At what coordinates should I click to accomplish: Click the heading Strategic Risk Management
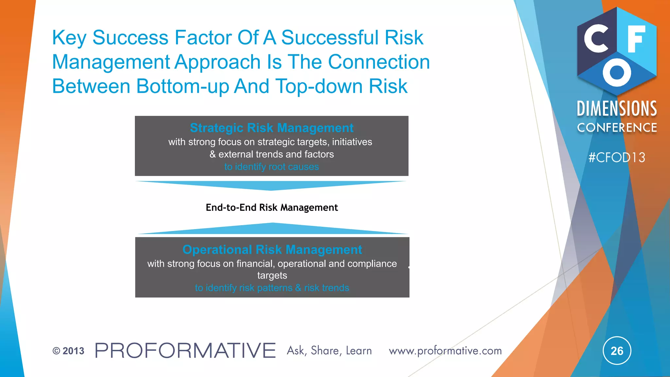pyautogui.click(x=272, y=128)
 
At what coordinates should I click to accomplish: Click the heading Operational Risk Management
pyautogui.click(x=272, y=250)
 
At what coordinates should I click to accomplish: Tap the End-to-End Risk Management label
pyautogui.click(x=272, y=207)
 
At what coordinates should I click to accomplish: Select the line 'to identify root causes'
pyautogui.click(x=272, y=167)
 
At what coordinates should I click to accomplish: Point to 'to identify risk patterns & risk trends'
pyautogui.click(x=272, y=288)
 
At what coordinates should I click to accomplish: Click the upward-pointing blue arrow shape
pyautogui.click(x=272, y=229)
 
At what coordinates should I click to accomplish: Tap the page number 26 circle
pyautogui.click(x=617, y=351)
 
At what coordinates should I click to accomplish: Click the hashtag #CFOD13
pyautogui.click(x=617, y=158)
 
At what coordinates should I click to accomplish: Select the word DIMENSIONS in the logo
pyautogui.click(x=617, y=109)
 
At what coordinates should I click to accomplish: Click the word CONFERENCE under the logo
pyautogui.click(x=617, y=128)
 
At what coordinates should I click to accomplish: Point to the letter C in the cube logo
pyautogui.click(x=596, y=39)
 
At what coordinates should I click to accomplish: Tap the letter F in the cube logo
pyautogui.click(x=636, y=39)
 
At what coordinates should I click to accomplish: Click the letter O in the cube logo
pyautogui.click(x=617, y=73)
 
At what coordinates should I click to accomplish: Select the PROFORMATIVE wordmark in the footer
pyautogui.click(x=185, y=351)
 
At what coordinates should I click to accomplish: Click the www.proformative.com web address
pyautogui.click(x=445, y=351)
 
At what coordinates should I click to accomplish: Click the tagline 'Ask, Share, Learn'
pyautogui.click(x=329, y=351)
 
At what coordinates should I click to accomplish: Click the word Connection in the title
pyautogui.click(x=379, y=62)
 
